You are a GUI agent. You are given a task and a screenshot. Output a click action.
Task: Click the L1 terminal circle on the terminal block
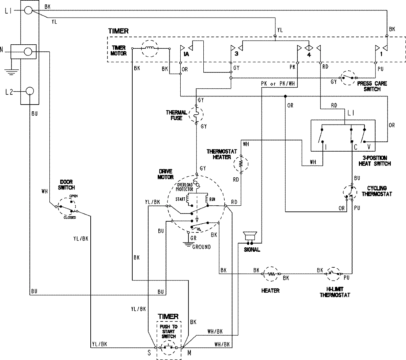29,11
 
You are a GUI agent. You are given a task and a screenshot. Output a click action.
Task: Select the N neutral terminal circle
29,52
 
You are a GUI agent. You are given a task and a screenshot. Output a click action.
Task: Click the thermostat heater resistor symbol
241,163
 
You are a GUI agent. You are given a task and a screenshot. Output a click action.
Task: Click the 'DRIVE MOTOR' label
165,175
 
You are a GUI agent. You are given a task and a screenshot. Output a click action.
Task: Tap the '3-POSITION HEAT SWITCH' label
374,161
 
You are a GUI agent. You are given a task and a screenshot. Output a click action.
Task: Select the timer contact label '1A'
186,54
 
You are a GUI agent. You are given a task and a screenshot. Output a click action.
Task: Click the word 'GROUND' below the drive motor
201,247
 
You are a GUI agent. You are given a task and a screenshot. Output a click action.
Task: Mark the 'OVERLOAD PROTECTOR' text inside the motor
185,187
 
